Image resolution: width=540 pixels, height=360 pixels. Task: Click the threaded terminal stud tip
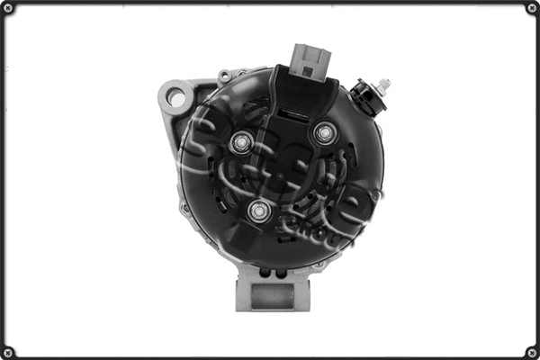(x=385, y=84)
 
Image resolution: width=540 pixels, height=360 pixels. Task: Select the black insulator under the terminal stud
(x=364, y=93)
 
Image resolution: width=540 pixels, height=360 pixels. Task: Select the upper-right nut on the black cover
(x=324, y=134)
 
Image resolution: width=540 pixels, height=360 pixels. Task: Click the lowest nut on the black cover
(x=259, y=211)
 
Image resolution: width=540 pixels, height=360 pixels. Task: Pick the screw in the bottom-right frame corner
(x=529, y=349)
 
